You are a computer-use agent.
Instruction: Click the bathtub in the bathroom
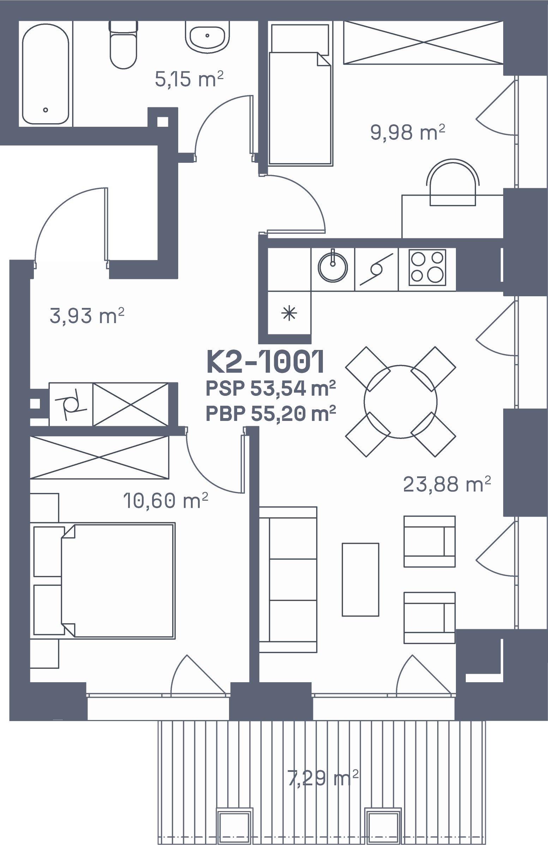[x=46, y=74]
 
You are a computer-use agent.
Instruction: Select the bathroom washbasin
[x=207, y=37]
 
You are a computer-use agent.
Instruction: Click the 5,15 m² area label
[x=189, y=79]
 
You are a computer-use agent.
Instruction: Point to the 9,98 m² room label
[x=408, y=132]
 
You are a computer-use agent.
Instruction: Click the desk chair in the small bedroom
[x=453, y=182]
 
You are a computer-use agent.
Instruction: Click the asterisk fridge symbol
[x=289, y=314]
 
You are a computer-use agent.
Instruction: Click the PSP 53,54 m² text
[x=271, y=388]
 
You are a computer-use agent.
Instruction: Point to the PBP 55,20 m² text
[x=271, y=413]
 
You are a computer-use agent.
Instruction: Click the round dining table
[x=401, y=401]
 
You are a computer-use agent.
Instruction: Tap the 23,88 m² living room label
[x=447, y=484]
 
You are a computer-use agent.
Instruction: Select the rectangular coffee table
[x=360, y=579]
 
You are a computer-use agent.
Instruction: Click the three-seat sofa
[x=288, y=579]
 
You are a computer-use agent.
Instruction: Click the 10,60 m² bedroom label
[x=165, y=501]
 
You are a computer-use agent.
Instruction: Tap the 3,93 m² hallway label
[x=87, y=316]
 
